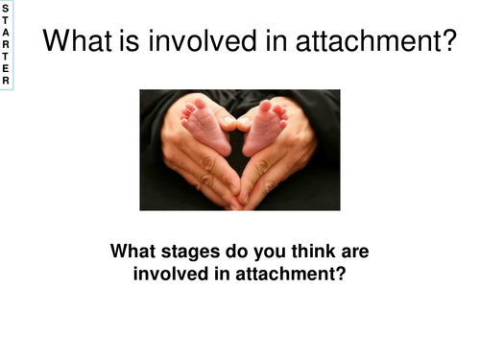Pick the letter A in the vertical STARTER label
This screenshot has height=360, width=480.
click(x=6, y=31)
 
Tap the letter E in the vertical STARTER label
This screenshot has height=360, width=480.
click(x=6, y=68)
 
